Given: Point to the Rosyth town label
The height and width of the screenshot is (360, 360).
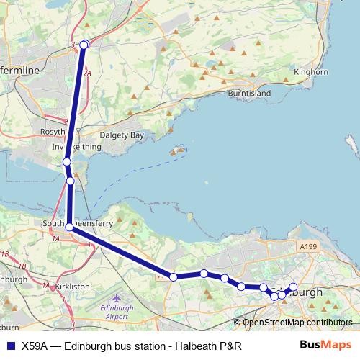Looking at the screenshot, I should [x=55, y=132].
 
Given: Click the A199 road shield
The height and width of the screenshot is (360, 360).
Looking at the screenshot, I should [x=307, y=247].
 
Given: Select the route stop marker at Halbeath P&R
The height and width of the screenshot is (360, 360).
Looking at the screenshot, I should [x=84, y=45].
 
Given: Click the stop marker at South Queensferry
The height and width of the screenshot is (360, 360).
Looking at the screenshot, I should [x=69, y=227].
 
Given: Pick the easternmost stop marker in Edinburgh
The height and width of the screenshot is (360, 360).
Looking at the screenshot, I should [x=293, y=287].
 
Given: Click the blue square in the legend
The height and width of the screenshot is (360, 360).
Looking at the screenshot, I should [x=10, y=346].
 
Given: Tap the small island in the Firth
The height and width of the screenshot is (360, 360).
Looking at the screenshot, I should [x=176, y=151].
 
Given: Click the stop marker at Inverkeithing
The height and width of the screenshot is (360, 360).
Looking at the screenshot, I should [x=66, y=162].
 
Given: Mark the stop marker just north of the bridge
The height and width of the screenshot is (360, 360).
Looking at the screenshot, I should [x=71, y=181].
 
